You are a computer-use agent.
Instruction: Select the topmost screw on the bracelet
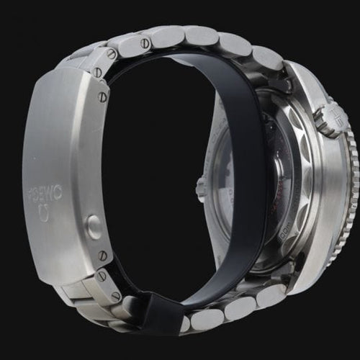(x=112, y=54)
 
